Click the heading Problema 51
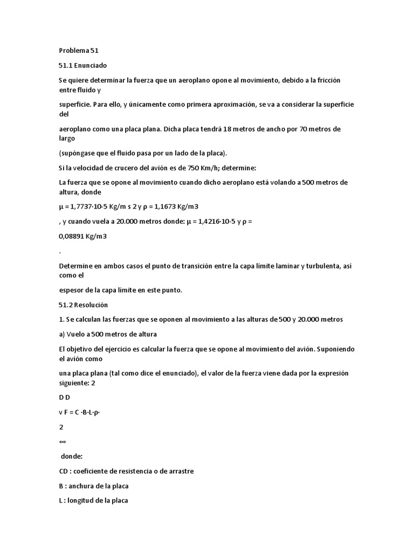click(x=79, y=51)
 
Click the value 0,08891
click(x=74, y=236)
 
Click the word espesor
click(x=72, y=290)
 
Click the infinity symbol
click(x=63, y=440)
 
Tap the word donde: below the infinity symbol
click(x=72, y=456)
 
